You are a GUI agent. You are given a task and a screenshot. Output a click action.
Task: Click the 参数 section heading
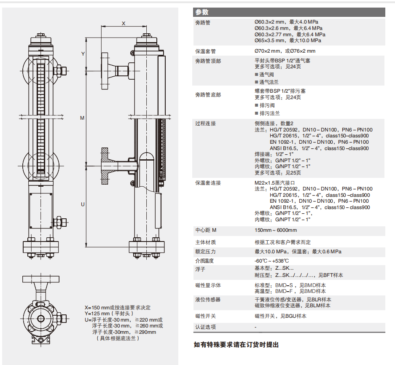(x=202, y=12)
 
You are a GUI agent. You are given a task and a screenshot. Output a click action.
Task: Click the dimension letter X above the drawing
(x=124, y=24)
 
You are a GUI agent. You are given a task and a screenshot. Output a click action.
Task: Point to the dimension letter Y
(x=83, y=54)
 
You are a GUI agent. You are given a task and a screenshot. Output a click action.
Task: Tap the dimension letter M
(x=83, y=118)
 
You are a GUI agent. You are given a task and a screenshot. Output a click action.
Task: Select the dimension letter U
(x=83, y=204)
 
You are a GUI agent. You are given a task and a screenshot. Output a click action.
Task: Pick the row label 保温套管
(x=205, y=51)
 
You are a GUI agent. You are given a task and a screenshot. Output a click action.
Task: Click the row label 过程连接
(x=205, y=123)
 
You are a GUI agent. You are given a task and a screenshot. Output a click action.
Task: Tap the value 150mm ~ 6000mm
(x=276, y=230)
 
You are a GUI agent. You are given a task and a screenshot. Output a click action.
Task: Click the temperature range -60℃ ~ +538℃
(x=272, y=260)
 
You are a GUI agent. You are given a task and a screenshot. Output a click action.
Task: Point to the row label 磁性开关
(x=205, y=316)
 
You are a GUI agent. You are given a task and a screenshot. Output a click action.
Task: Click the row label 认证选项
(x=205, y=327)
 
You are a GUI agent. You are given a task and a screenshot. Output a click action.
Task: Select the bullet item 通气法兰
(x=269, y=82)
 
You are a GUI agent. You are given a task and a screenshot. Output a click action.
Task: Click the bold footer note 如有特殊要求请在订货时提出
(x=236, y=345)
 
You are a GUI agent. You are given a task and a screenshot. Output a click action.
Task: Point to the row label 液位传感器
(x=208, y=299)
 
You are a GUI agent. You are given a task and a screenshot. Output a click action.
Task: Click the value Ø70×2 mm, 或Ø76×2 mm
(x=285, y=51)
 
